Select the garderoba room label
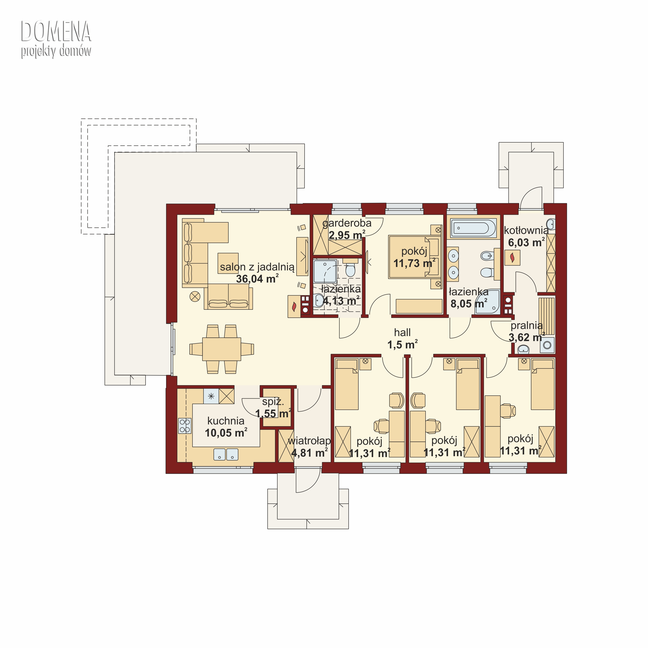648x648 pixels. point(347,223)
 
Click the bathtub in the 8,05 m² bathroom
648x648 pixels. point(473,228)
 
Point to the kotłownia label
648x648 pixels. point(526,230)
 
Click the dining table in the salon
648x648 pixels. point(222,349)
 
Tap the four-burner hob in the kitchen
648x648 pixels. point(184,426)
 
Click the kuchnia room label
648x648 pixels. point(226,421)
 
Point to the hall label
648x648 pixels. point(402,332)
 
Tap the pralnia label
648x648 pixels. point(527,325)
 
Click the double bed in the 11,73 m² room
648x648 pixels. point(414,257)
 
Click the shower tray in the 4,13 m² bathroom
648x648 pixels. point(325,271)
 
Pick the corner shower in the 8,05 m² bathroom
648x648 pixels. point(487,302)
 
